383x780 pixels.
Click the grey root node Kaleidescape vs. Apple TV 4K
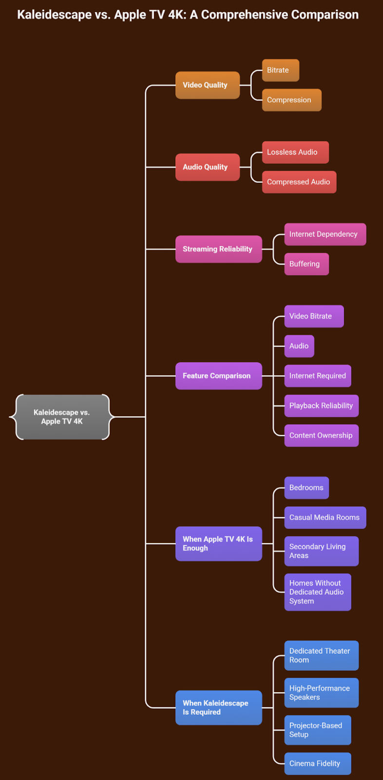pyautogui.click(x=62, y=417)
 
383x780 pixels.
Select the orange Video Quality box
pyautogui.click(x=207, y=85)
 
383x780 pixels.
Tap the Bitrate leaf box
pyautogui.click(x=280, y=70)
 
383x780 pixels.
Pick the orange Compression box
pyautogui.click(x=291, y=100)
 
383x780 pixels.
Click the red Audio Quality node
pyautogui.click(x=207, y=167)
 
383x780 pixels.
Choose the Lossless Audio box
pyautogui.click(x=295, y=152)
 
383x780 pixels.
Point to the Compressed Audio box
pyautogui.click(x=299, y=182)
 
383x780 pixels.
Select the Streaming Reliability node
pyautogui.click(x=218, y=249)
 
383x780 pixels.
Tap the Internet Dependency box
pyautogui.click(x=325, y=234)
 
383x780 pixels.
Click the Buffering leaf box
pyautogui.click(x=306, y=264)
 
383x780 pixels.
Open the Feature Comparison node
pyautogui.click(x=218, y=376)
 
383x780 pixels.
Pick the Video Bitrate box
pyautogui.click(x=314, y=316)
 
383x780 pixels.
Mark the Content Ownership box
pyautogui.click(x=321, y=435)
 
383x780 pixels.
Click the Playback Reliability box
pyautogui.click(x=321, y=406)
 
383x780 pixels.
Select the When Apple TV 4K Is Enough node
pyautogui.click(x=218, y=544)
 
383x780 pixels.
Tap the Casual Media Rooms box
pyautogui.click(x=325, y=517)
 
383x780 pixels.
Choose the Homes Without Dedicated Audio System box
pyautogui.click(x=317, y=592)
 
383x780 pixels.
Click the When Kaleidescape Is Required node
pyautogui.click(x=218, y=707)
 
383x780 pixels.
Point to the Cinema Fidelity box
pyautogui.click(x=317, y=763)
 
